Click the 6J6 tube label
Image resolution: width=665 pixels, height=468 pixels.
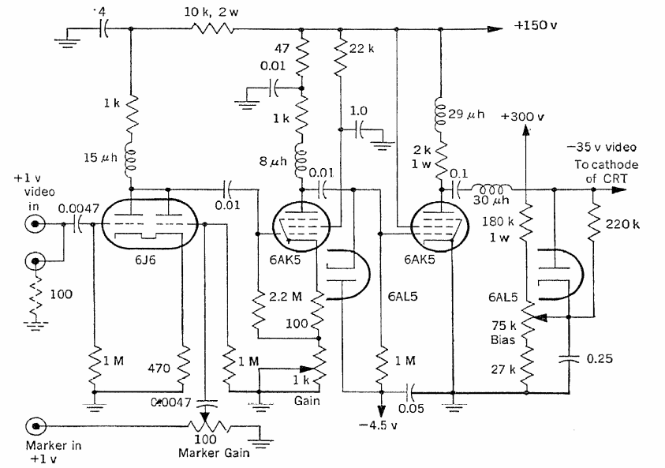point(145,259)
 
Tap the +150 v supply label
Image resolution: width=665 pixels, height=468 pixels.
point(536,25)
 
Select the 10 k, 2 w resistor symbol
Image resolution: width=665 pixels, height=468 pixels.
point(212,29)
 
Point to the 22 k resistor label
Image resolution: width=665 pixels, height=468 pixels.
point(361,49)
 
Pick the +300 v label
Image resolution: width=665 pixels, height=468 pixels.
point(522,116)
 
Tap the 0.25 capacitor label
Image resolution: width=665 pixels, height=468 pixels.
point(600,359)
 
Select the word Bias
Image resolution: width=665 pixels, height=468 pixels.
point(502,340)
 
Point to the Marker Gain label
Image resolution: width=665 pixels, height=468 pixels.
point(214,453)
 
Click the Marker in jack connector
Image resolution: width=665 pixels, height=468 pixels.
point(35,425)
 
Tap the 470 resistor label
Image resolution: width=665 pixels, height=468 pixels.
point(159,368)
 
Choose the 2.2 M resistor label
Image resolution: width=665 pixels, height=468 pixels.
point(285,296)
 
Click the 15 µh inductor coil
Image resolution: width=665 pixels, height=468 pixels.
point(131,160)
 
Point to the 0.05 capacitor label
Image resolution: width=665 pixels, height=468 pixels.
point(411,408)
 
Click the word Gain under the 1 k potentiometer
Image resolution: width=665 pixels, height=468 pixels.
point(307,401)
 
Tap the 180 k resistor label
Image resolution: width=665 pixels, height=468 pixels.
point(498,222)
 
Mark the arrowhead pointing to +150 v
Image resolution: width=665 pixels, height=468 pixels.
point(495,29)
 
